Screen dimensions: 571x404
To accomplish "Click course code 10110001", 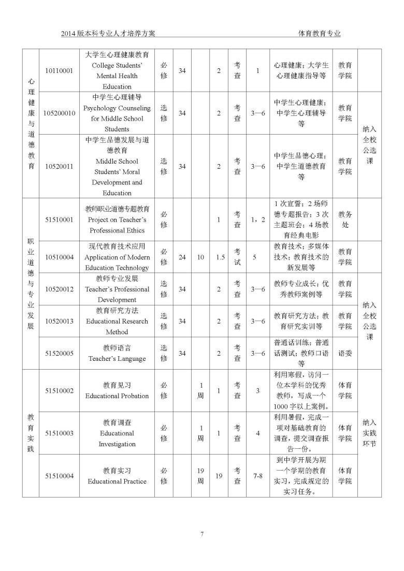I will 59,70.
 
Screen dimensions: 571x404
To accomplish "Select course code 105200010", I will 59,113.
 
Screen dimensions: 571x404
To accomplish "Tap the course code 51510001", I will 59,219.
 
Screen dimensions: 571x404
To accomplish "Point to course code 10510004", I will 59,257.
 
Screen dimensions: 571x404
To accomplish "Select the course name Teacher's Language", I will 117,358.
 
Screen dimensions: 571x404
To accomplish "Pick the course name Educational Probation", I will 117,396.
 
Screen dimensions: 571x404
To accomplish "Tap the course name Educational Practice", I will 117,481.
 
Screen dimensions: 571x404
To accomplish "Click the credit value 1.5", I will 220,257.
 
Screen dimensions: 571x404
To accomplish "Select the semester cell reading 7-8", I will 257,476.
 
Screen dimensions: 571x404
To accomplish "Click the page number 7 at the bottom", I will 202,534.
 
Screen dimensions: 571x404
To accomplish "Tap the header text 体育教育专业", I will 320,34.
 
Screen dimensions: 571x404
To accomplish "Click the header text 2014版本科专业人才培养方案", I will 108,34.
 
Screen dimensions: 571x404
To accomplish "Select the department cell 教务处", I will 345,219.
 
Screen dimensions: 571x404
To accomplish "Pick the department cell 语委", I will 345,353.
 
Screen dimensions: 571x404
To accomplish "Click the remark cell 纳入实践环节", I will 369,433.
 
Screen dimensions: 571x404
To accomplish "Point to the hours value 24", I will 182,257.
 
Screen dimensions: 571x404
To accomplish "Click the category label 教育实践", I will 31,433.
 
